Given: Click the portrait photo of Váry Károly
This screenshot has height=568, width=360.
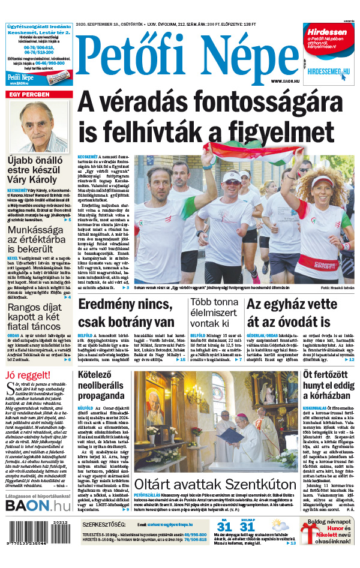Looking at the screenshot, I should (x=40, y=127).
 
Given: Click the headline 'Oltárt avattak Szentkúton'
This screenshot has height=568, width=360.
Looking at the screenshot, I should (x=215, y=485).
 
